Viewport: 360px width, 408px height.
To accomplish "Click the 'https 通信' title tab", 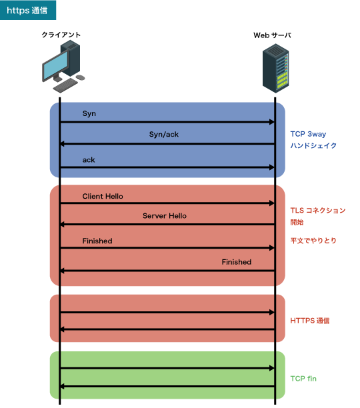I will pyautogui.click(x=28, y=10).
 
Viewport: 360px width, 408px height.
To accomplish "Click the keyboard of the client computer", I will pyautogui.click(x=65, y=86).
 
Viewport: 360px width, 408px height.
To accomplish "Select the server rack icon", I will pyautogui.click(x=275, y=68).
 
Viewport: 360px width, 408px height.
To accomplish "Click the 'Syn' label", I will pyautogui.click(x=89, y=113).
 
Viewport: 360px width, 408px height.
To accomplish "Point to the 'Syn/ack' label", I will pyautogui.click(x=164, y=134).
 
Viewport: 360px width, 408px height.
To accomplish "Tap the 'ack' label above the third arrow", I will pyautogui.click(x=89, y=159).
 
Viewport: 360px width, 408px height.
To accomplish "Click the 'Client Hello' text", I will pyautogui.click(x=103, y=196).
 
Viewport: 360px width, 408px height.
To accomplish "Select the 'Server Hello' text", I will pyautogui.click(x=165, y=215).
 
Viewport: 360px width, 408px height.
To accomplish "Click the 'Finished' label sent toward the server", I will pyautogui.click(x=97, y=240).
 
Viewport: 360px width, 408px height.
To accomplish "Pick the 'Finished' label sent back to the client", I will pyautogui.click(x=237, y=262).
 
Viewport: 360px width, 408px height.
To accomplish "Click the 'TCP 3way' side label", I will pyautogui.click(x=308, y=133).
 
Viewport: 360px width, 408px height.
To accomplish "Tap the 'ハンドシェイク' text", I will pyautogui.click(x=313, y=145).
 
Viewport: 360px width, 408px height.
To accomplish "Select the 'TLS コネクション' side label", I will pyautogui.click(x=317, y=210).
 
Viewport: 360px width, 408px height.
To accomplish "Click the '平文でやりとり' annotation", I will pyautogui.click(x=313, y=240).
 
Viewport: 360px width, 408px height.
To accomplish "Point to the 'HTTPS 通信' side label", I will pyautogui.click(x=310, y=321).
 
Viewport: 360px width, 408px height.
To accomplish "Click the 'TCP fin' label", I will pyautogui.click(x=303, y=378).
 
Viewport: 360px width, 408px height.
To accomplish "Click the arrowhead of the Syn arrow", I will pyautogui.click(x=272, y=122).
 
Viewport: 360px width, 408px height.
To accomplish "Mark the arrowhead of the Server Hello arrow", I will pyautogui.click(x=63, y=225).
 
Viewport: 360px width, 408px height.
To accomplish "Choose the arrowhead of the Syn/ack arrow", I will pyautogui.click(x=63, y=144).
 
